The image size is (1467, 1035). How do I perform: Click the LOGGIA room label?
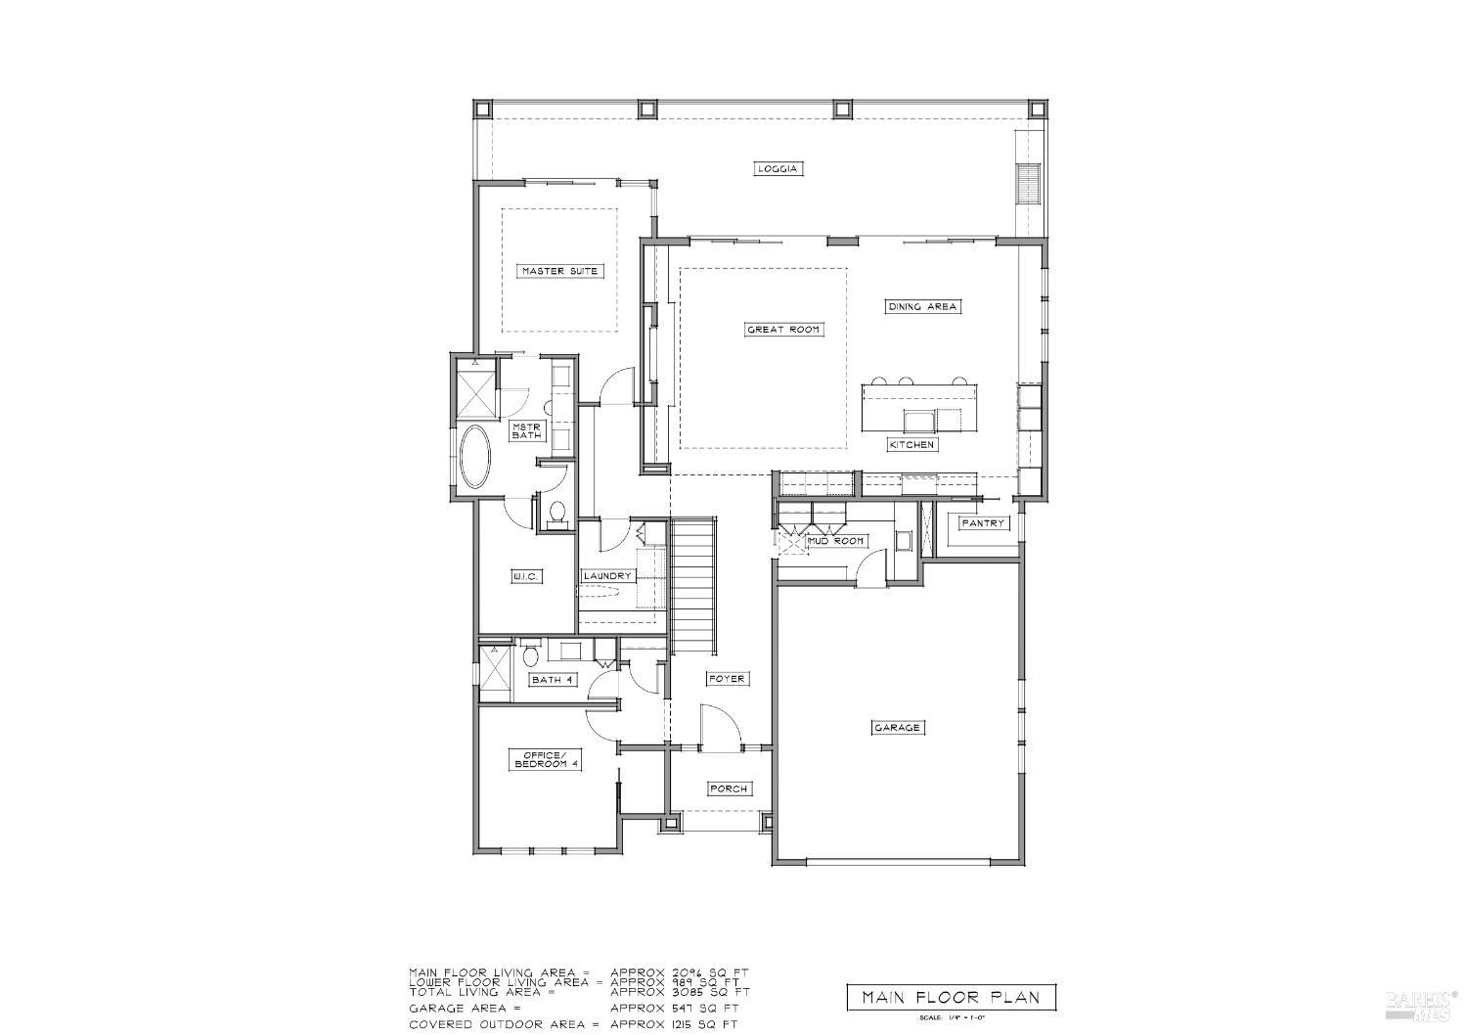tap(779, 168)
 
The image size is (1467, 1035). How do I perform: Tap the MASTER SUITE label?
tap(558, 271)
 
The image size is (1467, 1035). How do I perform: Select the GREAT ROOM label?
tap(782, 330)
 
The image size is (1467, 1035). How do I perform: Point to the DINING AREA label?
tap(922, 306)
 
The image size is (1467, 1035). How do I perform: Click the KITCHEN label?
tap(912, 444)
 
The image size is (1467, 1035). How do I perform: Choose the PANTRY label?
tap(982, 523)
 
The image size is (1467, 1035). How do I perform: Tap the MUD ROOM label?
tap(835, 541)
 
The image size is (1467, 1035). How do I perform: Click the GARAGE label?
tap(897, 727)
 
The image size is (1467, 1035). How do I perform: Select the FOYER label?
tap(727, 678)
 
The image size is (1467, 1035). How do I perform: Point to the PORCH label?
tap(729, 788)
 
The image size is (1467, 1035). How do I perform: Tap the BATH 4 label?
tap(553, 679)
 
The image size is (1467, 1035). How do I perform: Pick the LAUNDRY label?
tap(607, 576)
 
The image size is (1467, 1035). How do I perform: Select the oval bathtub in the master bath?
tap(477, 456)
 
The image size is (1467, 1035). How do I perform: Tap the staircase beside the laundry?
tap(692, 587)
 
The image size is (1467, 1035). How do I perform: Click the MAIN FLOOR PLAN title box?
tap(950, 998)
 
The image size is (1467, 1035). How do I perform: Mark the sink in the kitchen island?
tap(918, 421)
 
